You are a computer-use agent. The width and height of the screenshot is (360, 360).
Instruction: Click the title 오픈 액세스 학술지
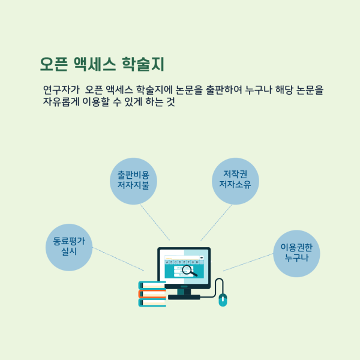101,63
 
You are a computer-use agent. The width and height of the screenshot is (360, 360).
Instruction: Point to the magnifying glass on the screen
190,271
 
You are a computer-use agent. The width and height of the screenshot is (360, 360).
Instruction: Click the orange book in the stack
152,294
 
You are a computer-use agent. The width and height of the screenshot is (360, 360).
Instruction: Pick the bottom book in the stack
152,302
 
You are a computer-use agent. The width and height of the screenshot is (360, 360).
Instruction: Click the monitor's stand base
184,297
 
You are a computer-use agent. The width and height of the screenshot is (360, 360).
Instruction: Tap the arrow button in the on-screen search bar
202,258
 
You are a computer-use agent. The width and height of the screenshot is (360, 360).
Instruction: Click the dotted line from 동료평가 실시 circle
118,259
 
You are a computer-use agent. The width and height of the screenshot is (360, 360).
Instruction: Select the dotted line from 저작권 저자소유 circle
216,223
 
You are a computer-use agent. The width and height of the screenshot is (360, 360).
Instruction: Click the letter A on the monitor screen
167,262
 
